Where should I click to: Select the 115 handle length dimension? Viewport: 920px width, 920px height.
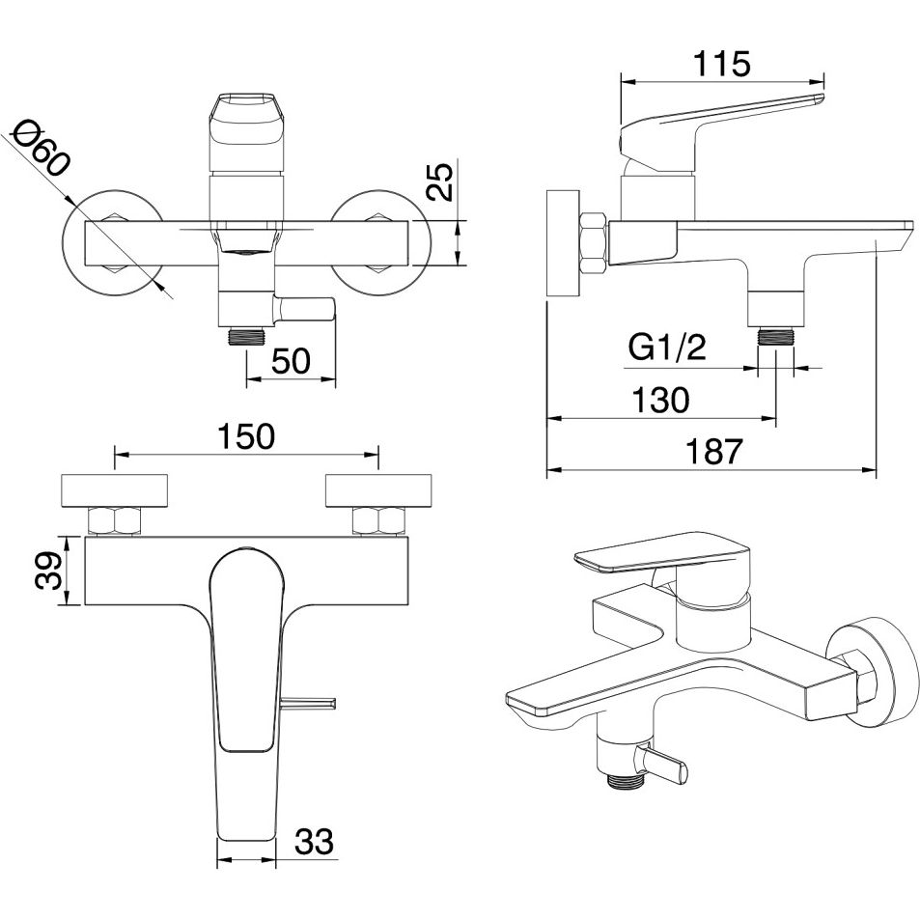[722, 64]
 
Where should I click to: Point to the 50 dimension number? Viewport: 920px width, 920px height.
[292, 361]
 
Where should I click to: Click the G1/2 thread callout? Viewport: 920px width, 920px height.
[667, 348]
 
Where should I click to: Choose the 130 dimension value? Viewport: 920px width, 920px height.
[660, 401]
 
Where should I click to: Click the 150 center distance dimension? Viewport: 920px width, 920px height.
[246, 436]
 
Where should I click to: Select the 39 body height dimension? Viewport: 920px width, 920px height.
[48, 571]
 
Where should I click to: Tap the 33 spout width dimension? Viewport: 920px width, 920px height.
[314, 842]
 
